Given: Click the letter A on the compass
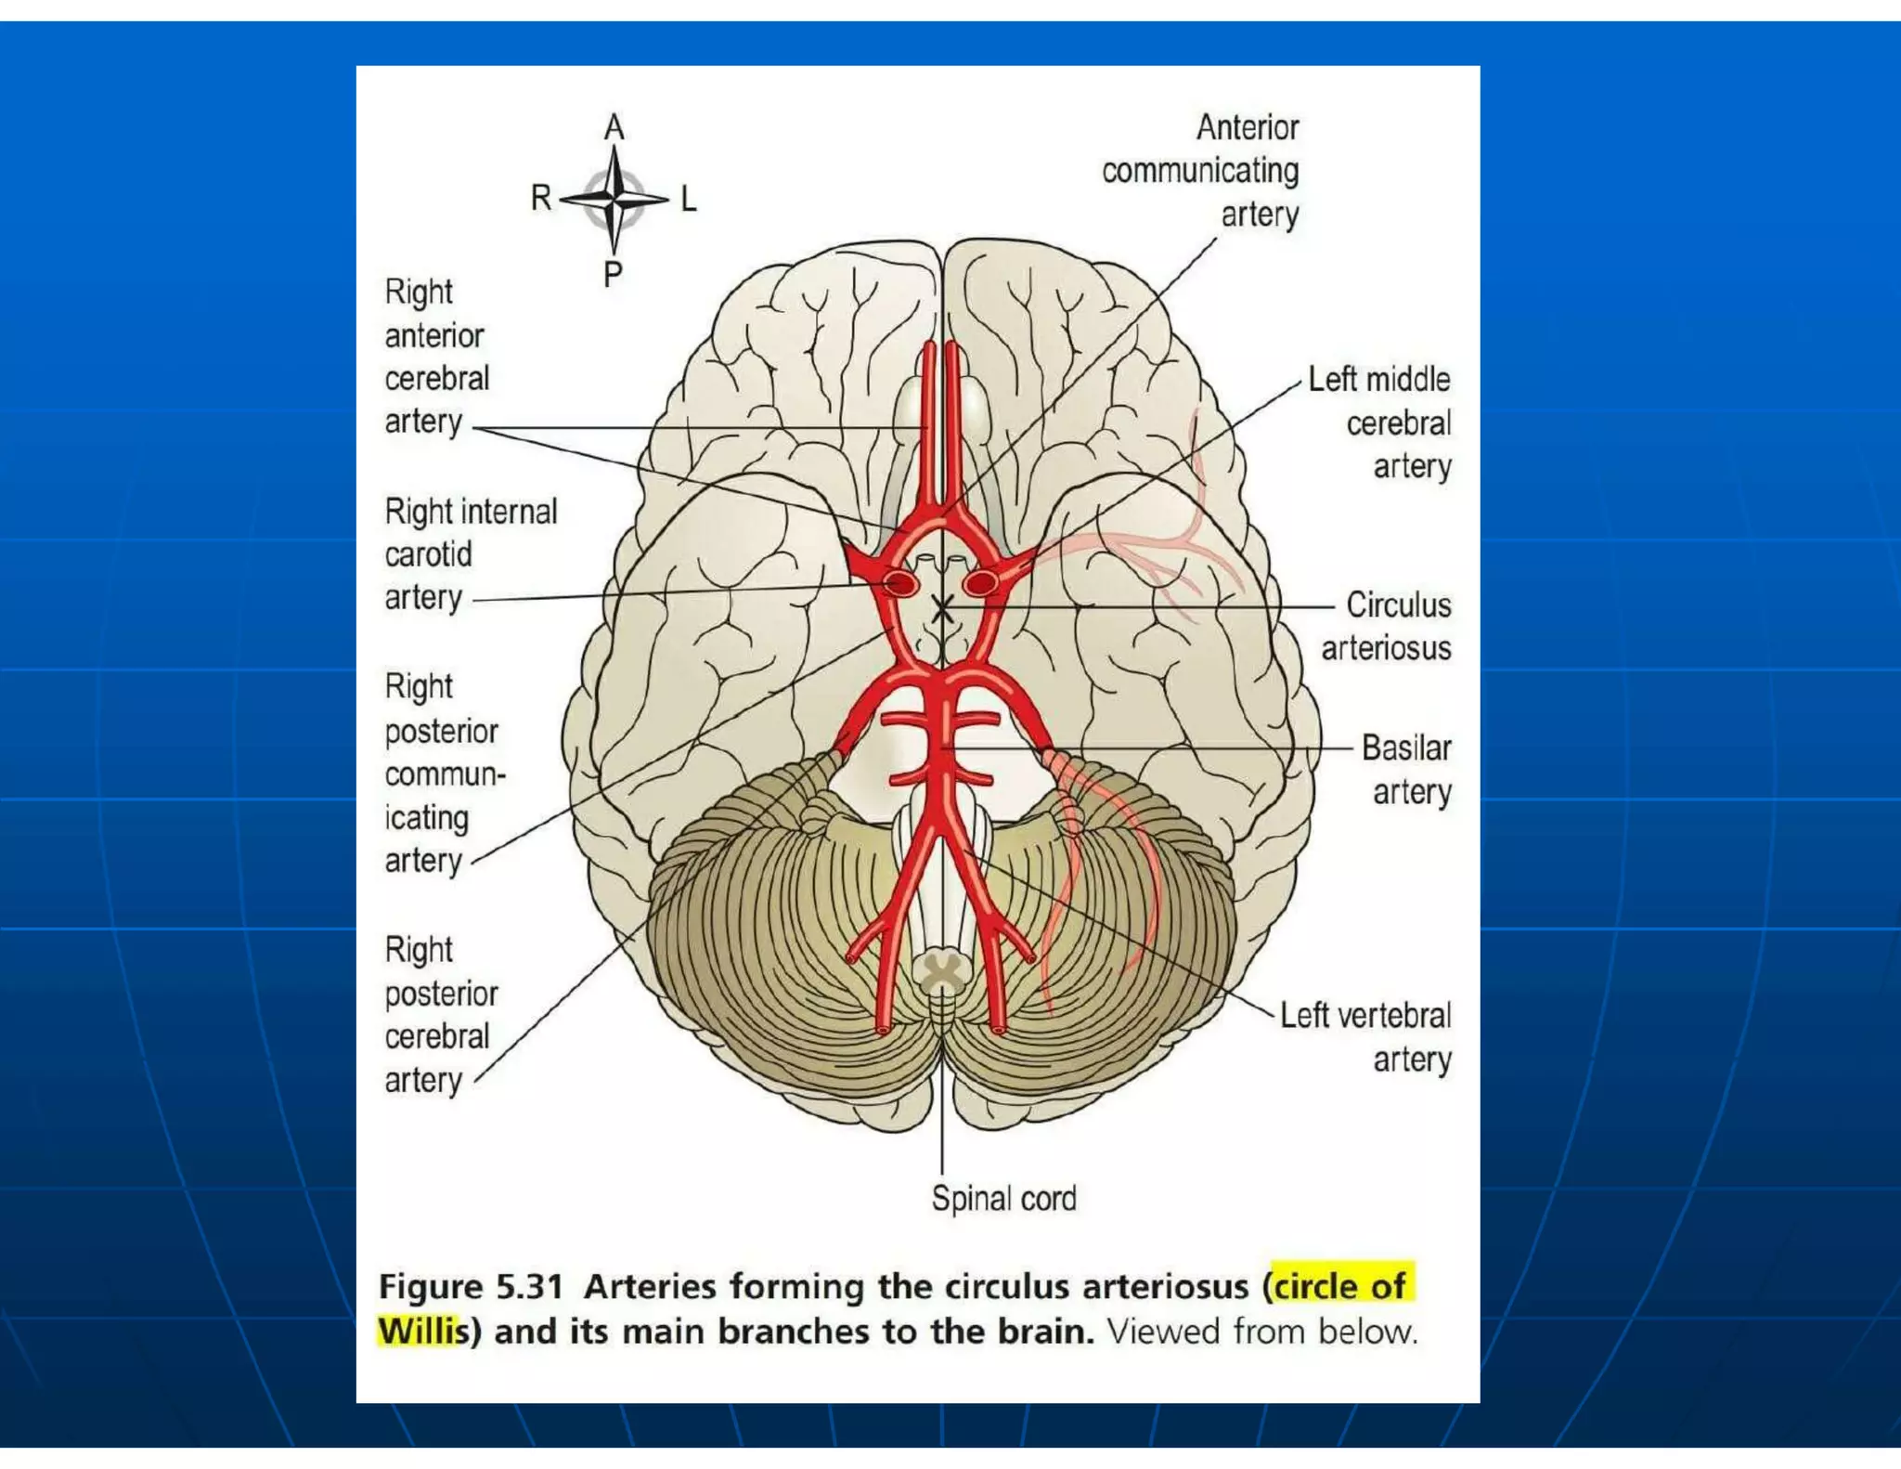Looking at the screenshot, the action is click(x=614, y=128).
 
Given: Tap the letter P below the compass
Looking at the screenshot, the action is click(x=613, y=274).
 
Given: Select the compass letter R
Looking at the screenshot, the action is click(x=541, y=198).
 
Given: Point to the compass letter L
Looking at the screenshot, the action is click(x=688, y=199).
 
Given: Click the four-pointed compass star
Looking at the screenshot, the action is click(x=614, y=199).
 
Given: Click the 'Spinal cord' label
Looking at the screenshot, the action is click(x=1003, y=1199).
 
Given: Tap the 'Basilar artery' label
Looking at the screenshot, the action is click(x=1407, y=770).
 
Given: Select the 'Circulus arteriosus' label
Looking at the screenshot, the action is click(x=1387, y=626).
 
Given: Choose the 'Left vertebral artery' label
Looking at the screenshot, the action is click(x=1366, y=1037).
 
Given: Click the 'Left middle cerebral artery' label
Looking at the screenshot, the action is click(x=1381, y=422).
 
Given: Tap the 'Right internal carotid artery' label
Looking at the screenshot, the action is click(x=470, y=553).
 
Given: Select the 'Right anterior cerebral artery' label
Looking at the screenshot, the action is click(x=435, y=357).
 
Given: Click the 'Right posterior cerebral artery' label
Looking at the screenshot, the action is click(x=440, y=1015).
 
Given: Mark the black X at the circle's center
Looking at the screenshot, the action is click(x=942, y=609).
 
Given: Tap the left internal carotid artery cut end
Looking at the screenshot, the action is click(x=980, y=583).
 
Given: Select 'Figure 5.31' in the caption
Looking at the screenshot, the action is click(x=472, y=1287).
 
